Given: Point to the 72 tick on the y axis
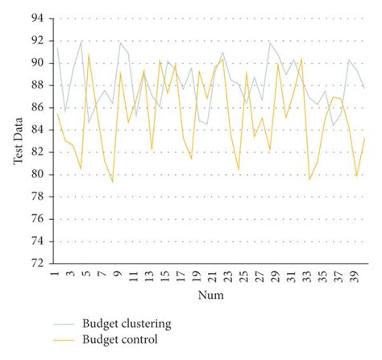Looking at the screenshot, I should coord(35,263).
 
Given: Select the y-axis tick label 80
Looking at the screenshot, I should coord(35,174).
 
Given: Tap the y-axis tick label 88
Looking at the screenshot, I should coord(35,85).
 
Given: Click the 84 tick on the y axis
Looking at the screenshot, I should coord(35,130).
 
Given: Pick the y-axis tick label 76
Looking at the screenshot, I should coord(35,218).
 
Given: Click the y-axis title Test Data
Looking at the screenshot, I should coord(17,139).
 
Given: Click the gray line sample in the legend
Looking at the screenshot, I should coord(64,324).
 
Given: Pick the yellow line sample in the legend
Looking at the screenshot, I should coord(64,340).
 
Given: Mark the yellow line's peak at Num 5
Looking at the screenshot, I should coord(89,54).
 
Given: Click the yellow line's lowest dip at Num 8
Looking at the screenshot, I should coord(112,181).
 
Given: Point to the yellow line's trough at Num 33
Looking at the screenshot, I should coord(309,179).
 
